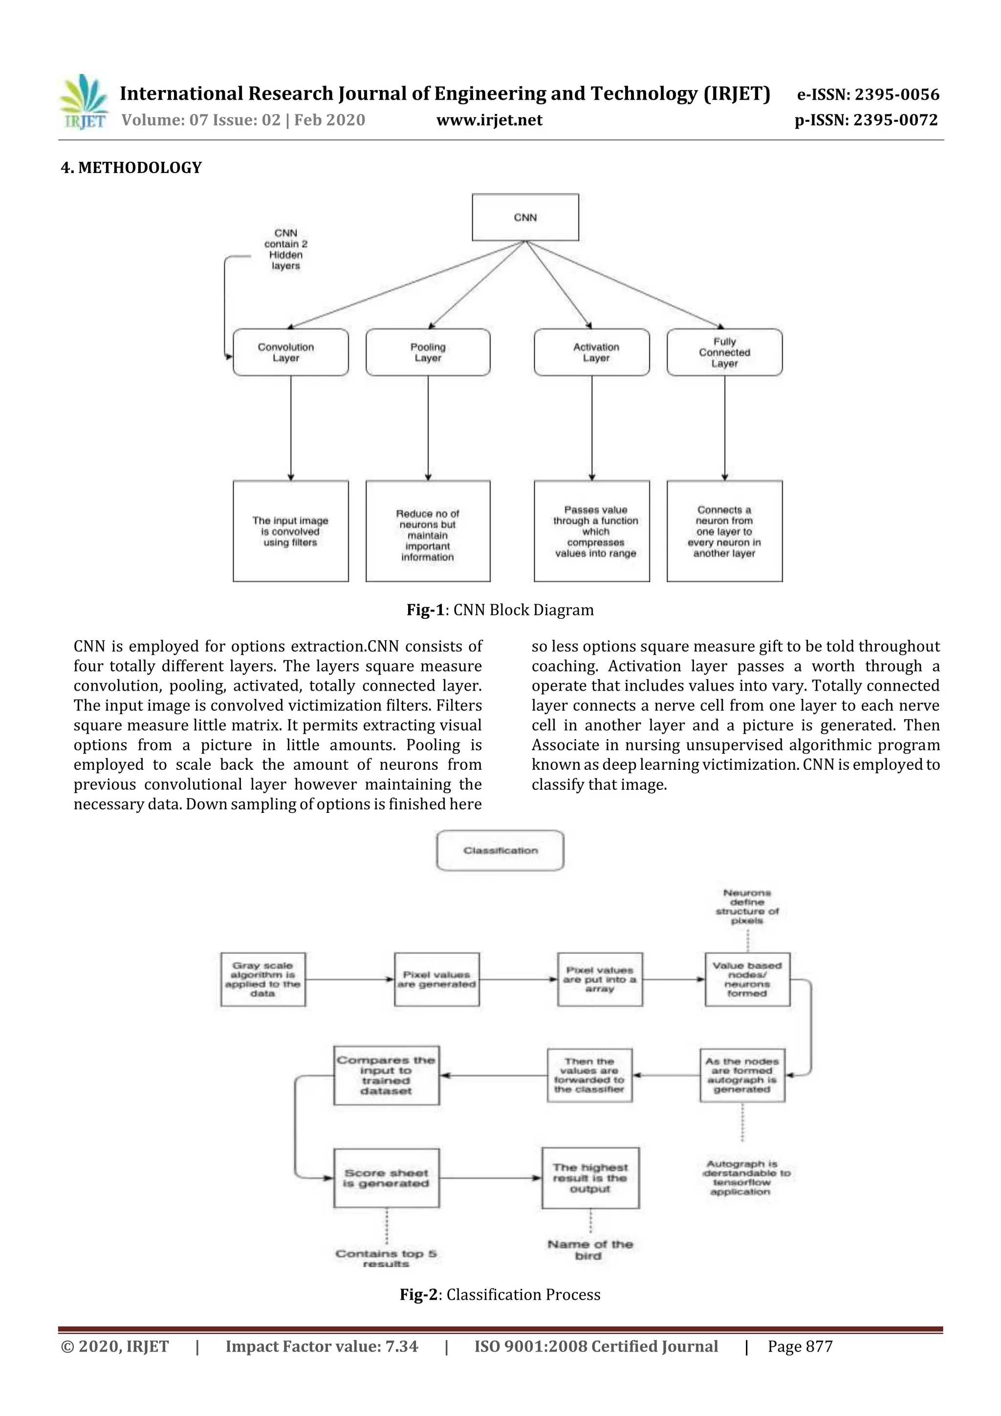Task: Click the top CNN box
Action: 525,217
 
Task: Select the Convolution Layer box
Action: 290,352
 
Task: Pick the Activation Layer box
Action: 591,352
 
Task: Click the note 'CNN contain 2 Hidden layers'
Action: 285,249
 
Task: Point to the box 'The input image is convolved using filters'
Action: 290,531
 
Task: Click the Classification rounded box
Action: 500,850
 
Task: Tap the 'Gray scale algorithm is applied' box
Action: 263,980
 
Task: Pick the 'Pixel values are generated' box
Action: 436,980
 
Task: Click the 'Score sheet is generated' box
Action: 386,1178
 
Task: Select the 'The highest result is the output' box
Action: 590,1178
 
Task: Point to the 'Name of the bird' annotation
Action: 590,1249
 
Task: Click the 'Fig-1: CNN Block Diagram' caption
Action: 500,610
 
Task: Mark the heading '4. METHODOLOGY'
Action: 131,168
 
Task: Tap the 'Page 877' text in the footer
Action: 800,1346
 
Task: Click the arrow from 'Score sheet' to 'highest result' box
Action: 490,1178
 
